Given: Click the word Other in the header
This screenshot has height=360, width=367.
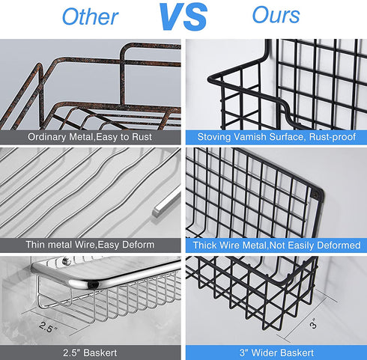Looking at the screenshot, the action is click(90, 16).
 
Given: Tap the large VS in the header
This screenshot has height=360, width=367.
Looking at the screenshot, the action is click(183, 16).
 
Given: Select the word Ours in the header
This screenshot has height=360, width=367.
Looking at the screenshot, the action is click(276, 15).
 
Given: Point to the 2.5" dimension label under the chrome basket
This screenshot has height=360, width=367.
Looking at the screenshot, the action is click(47, 326).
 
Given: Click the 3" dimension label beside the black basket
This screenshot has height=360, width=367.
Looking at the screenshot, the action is click(313, 323).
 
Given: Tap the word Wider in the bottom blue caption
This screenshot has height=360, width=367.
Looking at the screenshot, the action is click(263, 353).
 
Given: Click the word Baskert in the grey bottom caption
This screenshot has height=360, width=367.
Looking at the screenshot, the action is click(100, 353).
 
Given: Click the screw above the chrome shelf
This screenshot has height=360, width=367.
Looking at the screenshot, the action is click(67, 260).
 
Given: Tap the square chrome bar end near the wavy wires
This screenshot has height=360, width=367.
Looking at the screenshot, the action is click(157, 211).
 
